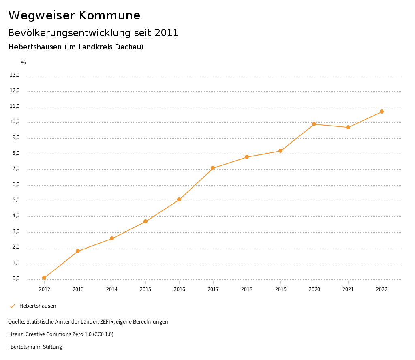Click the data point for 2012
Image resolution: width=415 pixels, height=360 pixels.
[44, 278]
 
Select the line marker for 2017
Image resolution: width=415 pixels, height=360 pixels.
[213, 168]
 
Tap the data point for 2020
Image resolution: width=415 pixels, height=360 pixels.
[314, 124]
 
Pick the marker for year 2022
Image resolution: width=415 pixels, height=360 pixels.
[382, 111]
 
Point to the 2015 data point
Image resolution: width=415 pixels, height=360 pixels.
[145, 221]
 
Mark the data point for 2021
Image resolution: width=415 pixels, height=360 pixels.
[348, 127]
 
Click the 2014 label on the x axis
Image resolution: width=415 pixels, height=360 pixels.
[112, 289]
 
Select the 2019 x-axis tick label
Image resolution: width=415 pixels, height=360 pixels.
[280, 289]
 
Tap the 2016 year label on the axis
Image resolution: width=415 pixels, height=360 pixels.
[179, 289]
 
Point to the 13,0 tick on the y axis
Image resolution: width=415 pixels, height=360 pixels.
[15, 75]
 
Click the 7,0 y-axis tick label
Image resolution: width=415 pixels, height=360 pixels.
[15, 169]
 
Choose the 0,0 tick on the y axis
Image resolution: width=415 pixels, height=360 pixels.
[15, 279]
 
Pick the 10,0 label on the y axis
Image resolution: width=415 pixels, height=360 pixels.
[15, 122]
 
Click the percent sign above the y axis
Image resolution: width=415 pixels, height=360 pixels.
[24, 63]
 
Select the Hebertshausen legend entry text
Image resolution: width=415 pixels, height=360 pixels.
[38, 306]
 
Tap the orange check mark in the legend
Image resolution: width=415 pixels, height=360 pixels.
[12, 306]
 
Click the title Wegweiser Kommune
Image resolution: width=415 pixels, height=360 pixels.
[74, 15]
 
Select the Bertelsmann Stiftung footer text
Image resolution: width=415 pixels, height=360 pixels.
[36, 347]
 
